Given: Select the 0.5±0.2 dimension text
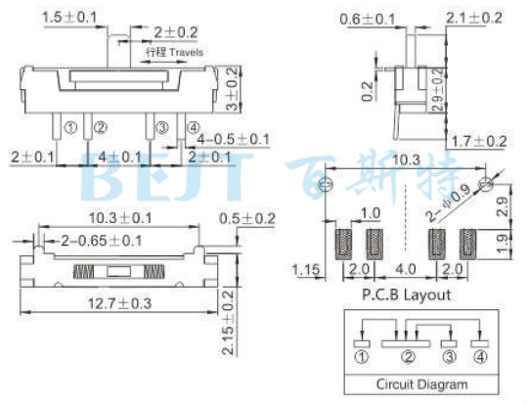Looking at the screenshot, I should (246, 218).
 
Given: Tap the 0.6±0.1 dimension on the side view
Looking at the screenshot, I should (368, 19).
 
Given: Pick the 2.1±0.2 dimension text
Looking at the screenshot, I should (474, 19).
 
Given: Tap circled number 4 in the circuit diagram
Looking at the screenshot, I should (478, 358).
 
